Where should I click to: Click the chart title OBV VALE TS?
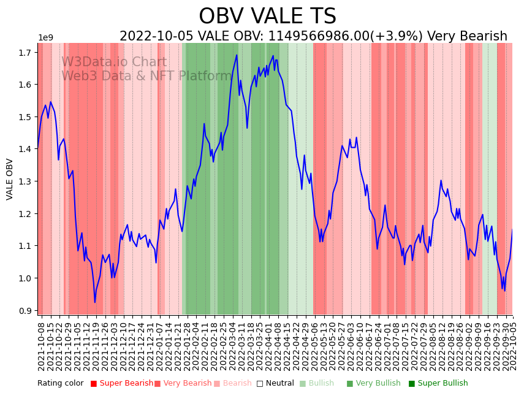click(x=267, y=17)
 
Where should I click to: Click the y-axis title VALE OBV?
click(x=10, y=179)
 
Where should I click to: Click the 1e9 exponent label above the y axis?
click(x=46, y=38)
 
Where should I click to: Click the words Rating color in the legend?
click(x=60, y=383)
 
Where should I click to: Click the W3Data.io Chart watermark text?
click(x=114, y=63)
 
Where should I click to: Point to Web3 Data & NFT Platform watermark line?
click(x=146, y=76)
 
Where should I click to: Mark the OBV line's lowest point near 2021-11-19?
click(x=95, y=302)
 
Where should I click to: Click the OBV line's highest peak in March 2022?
click(x=237, y=55)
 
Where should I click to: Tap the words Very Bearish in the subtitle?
click(x=467, y=37)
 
